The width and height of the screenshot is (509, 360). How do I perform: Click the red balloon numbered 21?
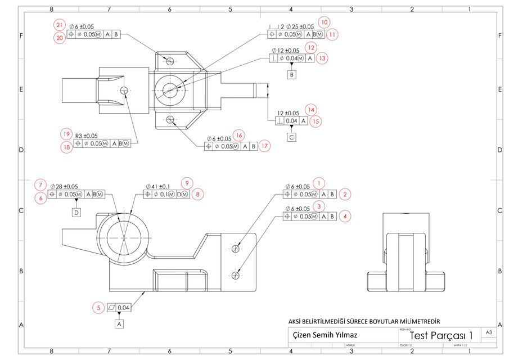click(60, 25)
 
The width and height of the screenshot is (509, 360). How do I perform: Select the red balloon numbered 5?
click(99, 308)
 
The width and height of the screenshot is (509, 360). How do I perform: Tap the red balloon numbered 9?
click(187, 183)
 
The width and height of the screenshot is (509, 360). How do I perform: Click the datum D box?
click(76, 212)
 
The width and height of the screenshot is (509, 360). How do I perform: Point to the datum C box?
click(291, 137)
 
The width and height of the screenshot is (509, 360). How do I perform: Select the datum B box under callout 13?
click(291, 75)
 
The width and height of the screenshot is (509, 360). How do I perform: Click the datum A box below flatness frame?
click(120, 324)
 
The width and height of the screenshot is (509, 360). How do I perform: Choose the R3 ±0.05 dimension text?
click(86, 136)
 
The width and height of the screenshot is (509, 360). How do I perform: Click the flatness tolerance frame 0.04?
click(119, 308)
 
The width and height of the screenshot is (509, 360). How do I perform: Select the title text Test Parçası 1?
click(441, 335)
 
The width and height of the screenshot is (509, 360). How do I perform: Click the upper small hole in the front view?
click(235, 248)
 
